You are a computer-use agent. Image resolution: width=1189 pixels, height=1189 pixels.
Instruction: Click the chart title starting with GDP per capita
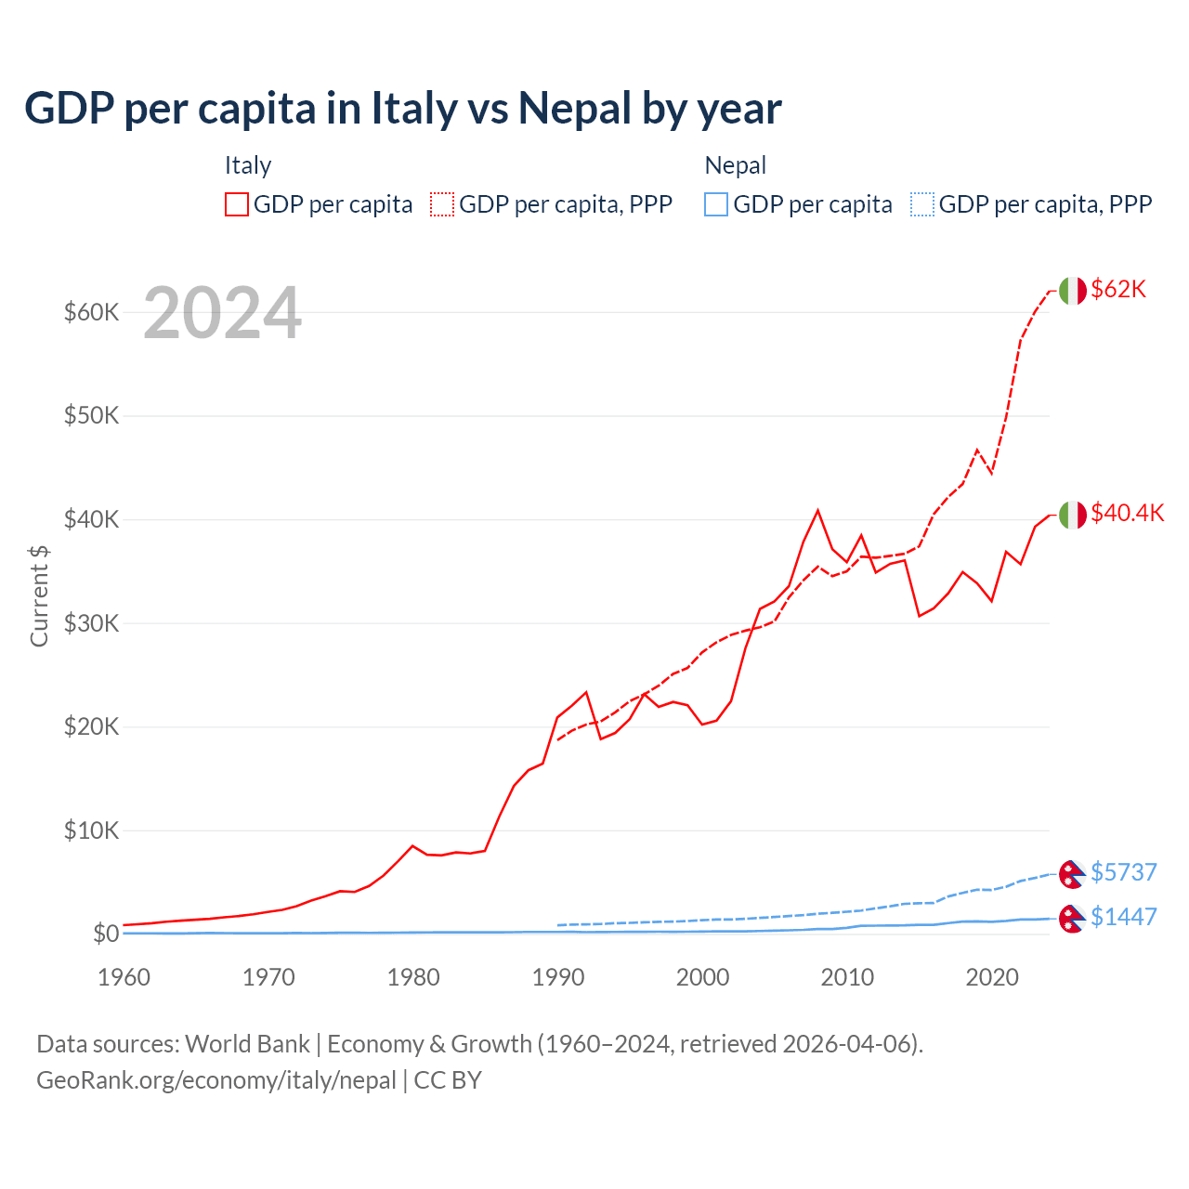tap(402, 108)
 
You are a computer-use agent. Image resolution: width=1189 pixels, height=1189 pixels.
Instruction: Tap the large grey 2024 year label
tap(222, 314)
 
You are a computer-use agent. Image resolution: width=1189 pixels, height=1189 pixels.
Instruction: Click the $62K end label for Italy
tap(1118, 289)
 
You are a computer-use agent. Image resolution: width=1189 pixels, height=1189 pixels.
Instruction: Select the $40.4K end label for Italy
tap(1127, 513)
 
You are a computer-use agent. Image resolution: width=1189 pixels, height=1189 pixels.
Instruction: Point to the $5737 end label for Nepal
tap(1123, 872)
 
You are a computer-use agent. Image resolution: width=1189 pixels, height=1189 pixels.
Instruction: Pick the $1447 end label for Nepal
tap(1123, 917)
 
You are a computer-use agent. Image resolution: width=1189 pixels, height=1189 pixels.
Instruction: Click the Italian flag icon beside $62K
tap(1072, 291)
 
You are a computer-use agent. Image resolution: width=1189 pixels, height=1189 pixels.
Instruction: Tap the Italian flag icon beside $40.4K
tap(1072, 515)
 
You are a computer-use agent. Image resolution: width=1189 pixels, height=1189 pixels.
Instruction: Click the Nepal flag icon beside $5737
tap(1072, 873)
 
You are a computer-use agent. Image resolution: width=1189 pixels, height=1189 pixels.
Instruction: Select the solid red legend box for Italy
tap(237, 204)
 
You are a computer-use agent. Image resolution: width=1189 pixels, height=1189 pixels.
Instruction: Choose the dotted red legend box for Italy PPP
tap(442, 204)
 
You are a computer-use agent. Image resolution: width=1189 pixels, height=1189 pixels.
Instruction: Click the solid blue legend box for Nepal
tap(716, 204)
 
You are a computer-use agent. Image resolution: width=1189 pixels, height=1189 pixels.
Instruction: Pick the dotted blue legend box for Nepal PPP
tap(922, 204)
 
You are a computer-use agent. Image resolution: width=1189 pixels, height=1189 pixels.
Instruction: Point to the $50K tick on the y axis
tap(91, 415)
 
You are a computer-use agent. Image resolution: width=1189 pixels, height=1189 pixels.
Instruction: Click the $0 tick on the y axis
tap(105, 934)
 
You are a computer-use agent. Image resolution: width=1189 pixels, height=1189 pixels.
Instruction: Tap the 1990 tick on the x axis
tap(558, 977)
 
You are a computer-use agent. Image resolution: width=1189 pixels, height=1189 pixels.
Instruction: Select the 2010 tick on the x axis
tap(847, 977)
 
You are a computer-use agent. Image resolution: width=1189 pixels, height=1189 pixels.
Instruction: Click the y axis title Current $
tap(39, 595)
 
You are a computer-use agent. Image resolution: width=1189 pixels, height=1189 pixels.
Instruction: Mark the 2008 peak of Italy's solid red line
tap(817, 510)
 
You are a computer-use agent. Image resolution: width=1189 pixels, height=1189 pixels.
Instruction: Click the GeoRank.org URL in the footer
tap(216, 1080)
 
